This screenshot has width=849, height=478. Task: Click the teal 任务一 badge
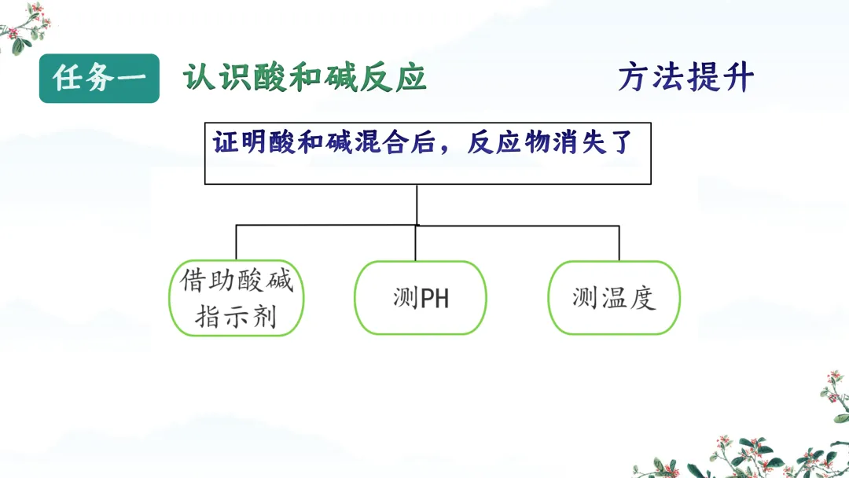pos(99,78)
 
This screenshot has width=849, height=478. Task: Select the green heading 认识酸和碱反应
pos(305,78)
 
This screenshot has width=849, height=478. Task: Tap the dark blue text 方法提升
pos(685,78)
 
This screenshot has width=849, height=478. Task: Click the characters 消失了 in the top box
pos(602,144)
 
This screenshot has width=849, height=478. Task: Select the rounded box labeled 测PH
pos(421,298)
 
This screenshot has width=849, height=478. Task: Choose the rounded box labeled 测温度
pos(614,298)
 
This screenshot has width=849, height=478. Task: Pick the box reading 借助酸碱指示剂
pos(237,298)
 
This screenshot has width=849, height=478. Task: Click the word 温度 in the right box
pos(627,298)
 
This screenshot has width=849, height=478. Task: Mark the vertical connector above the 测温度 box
pos(619,243)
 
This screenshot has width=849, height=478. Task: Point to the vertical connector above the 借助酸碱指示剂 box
pos(237,243)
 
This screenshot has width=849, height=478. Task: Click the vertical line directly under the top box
pos(417,204)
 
